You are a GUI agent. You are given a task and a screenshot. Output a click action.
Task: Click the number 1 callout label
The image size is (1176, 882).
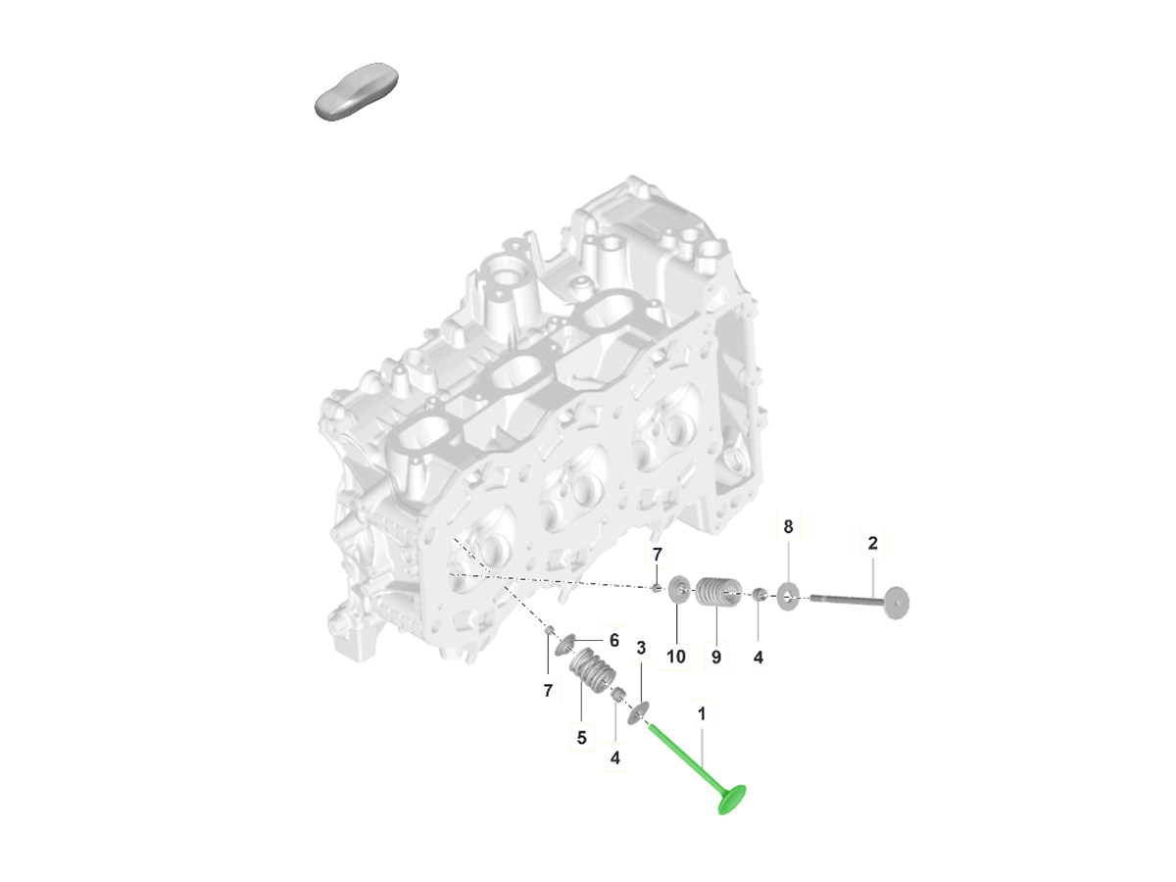(x=701, y=713)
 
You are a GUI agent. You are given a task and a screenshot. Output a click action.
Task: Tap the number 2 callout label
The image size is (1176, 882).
(x=872, y=543)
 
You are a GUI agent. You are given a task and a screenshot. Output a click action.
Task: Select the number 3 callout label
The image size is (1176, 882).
(x=641, y=648)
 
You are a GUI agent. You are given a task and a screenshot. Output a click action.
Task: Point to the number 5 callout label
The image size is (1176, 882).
(x=581, y=737)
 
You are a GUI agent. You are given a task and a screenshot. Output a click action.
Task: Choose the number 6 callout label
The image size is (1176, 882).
(x=614, y=640)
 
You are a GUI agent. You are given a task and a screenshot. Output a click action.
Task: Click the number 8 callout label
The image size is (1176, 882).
(x=788, y=526)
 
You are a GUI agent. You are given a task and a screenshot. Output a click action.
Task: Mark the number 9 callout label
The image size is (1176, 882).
(x=715, y=657)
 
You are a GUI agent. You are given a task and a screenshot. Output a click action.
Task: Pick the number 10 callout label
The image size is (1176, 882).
(x=675, y=657)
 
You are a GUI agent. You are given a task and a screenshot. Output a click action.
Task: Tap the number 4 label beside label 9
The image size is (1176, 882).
(x=758, y=657)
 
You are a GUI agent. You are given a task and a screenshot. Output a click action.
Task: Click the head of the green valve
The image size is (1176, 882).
(x=731, y=800)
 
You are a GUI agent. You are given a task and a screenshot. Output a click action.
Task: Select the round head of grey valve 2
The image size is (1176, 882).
(x=897, y=603)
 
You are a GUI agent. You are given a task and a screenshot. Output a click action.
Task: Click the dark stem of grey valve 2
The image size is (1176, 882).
(x=847, y=600)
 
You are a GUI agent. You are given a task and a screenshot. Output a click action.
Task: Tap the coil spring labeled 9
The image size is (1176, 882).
(x=718, y=592)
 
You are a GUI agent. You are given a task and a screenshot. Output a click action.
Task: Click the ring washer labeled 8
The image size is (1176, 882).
(x=788, y=597)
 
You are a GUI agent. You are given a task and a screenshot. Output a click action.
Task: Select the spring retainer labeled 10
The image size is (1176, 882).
(x=679, y=589)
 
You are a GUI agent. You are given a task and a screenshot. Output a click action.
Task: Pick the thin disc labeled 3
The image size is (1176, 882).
(x=638, y=713)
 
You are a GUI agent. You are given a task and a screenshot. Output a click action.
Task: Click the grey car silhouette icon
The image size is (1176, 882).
(x=357, y=91)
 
